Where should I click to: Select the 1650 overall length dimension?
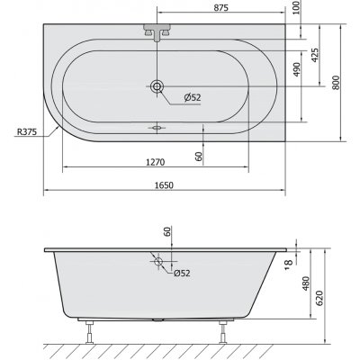pyautogui.click(x=164, y=183)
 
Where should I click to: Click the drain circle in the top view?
pyautogui.click(x=157, y=86)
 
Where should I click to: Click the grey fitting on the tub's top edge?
pyautogui.click(x=157, y=31)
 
